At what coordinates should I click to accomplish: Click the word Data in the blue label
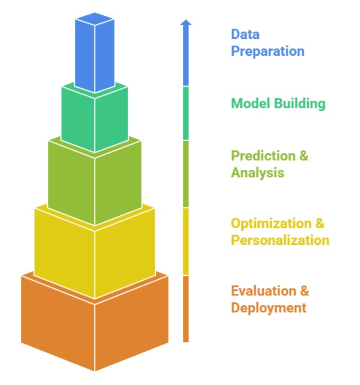245,34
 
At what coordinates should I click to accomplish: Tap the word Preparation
268,52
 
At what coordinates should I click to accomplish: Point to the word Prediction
263,156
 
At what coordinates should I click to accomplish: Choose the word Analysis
257,173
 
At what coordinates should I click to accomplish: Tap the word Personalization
280,240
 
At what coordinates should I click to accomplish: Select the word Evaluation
263,291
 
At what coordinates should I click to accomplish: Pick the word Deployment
268,308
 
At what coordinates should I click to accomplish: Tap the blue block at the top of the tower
94,53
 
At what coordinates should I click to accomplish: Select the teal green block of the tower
94,118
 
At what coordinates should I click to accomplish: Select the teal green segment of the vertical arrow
186,113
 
